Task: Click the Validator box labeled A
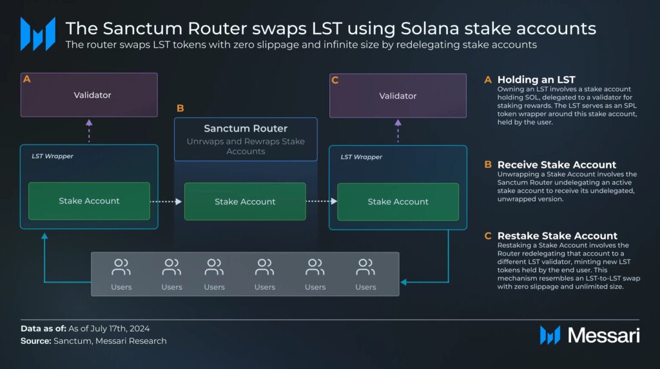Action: tap(89, 95)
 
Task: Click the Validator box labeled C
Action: tap(398, 95)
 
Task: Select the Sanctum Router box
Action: tap(246, 139)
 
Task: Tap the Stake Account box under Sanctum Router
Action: tap(245, 201)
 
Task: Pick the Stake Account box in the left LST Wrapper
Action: tap(89, 201)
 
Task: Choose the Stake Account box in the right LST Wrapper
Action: tap(398, 201)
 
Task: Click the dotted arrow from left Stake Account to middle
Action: tap(167, 201)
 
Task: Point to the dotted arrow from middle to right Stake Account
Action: tap(321, 201)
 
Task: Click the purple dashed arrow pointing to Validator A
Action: tap(89, 131)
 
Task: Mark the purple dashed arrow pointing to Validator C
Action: tap(398, 131)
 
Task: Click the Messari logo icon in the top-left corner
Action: tap(37, 34)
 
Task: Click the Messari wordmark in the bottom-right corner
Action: tap(603, 335)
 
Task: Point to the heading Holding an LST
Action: tap(536, 80)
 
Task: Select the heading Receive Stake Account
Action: tap(556, 165)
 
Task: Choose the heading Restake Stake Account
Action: tap(557, 235)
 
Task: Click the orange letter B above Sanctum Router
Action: tap(180, 108)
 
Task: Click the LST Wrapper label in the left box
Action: tap(52, 156)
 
